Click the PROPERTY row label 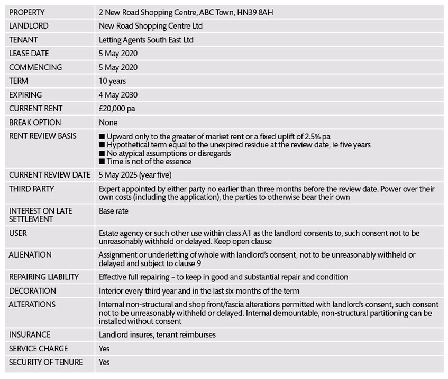27,12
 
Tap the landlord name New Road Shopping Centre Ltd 151,26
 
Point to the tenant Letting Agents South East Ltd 146,40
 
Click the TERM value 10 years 112,81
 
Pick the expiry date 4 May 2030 118,95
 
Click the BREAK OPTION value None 108,122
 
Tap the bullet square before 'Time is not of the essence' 102,161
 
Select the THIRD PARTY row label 31,188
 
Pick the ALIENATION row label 30,255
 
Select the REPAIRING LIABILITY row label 44,277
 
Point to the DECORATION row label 32,290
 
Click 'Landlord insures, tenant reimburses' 157,335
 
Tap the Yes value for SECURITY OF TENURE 105,363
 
